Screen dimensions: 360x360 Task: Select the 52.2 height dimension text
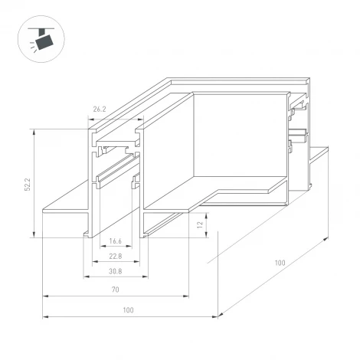click(x=28, y=183)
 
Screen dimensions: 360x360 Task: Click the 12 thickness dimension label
click(x=201, y=224)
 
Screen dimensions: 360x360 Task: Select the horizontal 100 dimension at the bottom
click(x=126, y=309)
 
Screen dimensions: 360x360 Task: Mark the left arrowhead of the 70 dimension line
click(x=44, y=295)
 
